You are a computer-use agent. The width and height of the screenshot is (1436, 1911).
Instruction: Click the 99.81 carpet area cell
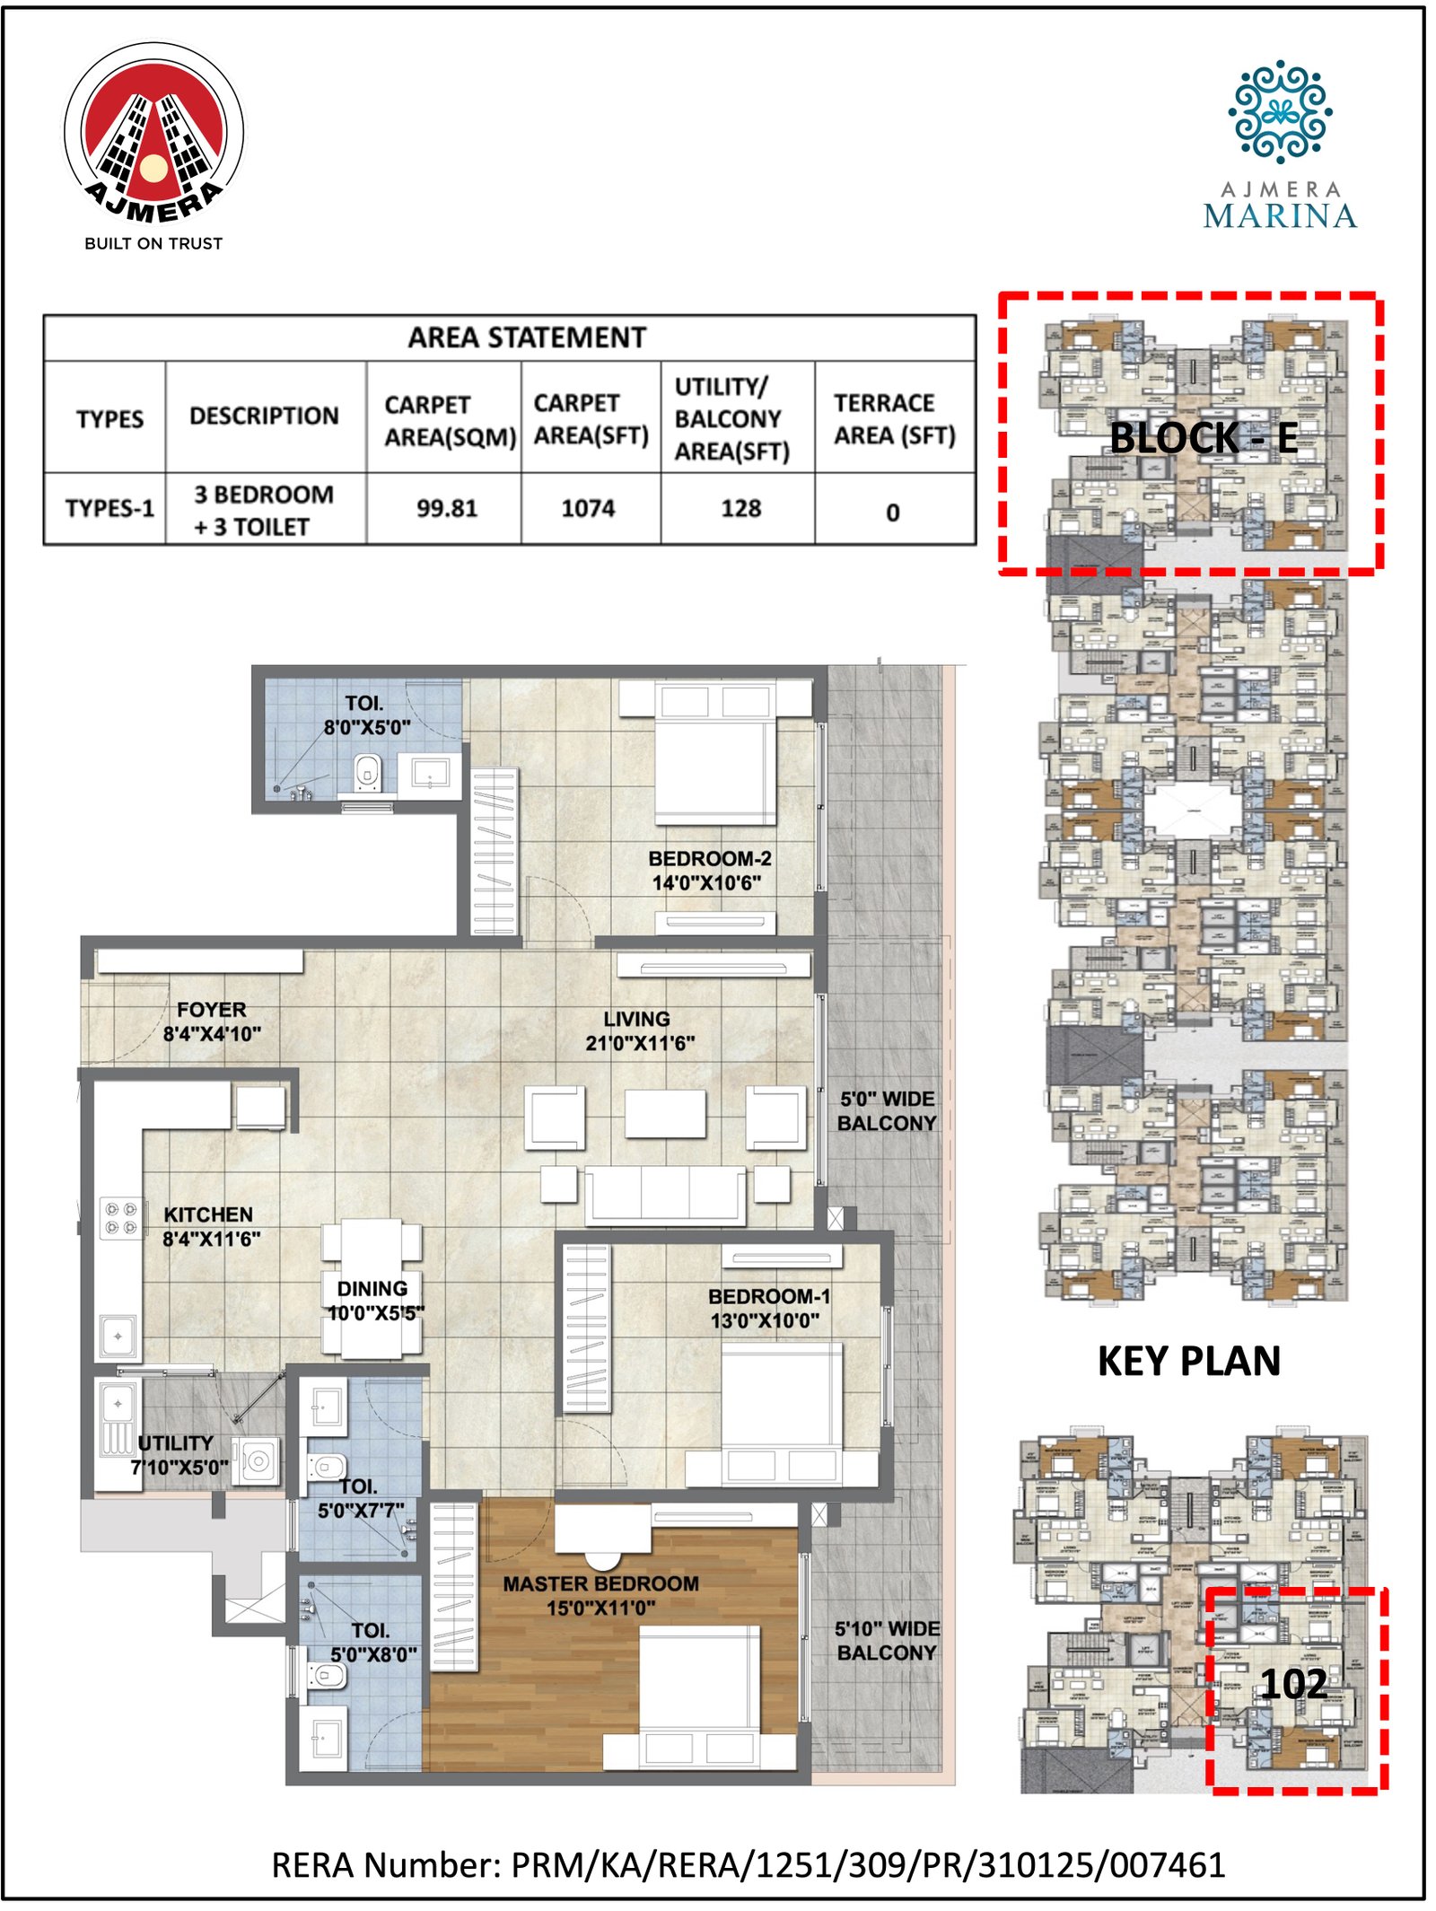coord(446,508)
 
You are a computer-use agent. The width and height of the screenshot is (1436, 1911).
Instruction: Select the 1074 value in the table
coord(588,508)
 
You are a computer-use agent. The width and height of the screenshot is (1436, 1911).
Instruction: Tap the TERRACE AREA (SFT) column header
coord(894,418)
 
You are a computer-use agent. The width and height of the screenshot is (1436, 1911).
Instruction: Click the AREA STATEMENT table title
coord(527,337)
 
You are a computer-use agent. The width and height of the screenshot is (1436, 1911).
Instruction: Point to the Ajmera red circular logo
coord(153,135)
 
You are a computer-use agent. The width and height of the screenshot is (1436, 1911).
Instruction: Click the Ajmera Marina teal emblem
coord(1279,112)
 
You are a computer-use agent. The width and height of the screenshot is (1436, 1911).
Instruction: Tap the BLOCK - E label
coord(1203,438)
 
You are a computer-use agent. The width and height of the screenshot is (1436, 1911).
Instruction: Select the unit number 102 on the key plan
coord(1292,1683)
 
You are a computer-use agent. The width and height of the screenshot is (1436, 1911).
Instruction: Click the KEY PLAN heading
coord(1188,1361)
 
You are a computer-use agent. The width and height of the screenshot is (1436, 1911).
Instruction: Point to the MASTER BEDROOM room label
coord(600,1595)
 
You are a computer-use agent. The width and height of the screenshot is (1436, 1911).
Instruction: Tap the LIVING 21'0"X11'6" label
coord(639,1030)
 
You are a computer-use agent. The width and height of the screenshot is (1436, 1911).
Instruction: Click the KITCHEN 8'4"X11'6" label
coord(210,1226)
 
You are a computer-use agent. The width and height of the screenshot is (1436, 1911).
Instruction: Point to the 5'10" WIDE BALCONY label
coord(887,1640)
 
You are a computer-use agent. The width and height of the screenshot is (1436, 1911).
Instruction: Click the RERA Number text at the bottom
coord(748,1864)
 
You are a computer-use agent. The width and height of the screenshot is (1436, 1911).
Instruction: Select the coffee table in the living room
coord(665,1113)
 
